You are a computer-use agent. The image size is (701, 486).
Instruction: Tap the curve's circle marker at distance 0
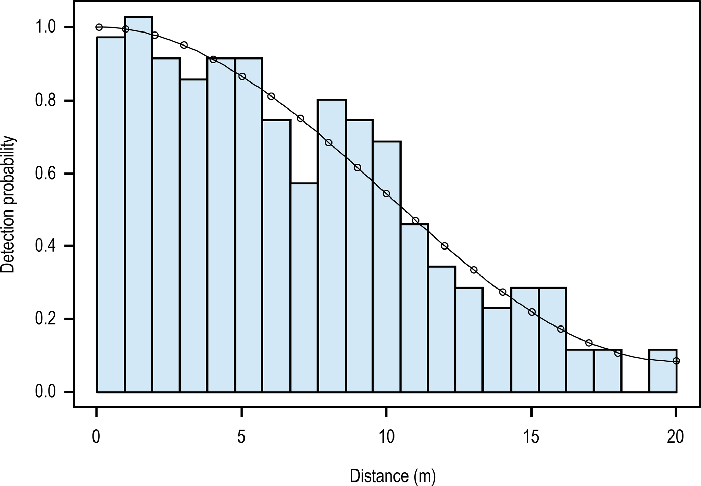pyautogui.click(x=99, y=27)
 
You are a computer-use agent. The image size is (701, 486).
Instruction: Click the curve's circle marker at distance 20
pyautogui.click(x=676, y=361)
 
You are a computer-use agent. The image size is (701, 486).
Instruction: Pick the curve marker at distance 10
pyautogui.click(x=386, y=194)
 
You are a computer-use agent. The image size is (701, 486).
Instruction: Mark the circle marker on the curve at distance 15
pyautogui.click(x=532, y=312)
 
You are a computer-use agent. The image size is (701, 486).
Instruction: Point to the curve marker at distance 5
pyautogui.click(x=242, y=76)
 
